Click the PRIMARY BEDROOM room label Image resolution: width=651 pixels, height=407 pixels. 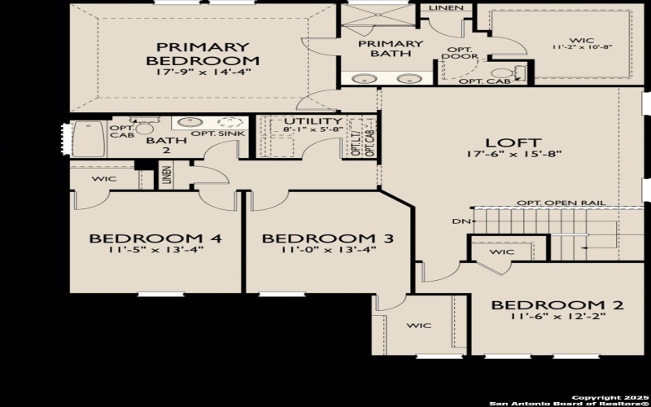203,54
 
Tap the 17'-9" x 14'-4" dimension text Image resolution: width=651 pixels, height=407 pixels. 203,71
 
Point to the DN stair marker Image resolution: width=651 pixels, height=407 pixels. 458,221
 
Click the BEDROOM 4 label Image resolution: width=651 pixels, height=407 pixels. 155,239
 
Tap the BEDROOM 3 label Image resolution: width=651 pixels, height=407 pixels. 327,239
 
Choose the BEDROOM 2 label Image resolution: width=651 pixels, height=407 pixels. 557,305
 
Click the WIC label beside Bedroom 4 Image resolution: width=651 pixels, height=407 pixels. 104,178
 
